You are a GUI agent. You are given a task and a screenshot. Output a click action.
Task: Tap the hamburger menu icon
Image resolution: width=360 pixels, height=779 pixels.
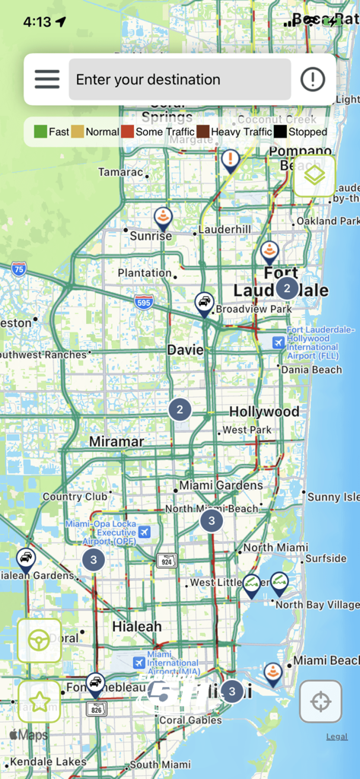[x=46, y=79]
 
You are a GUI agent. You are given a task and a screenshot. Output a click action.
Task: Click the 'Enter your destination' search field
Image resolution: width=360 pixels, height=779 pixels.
[x=180, y=79]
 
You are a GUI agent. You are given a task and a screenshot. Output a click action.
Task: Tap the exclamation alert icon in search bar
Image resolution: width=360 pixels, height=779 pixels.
[x=313, y=79]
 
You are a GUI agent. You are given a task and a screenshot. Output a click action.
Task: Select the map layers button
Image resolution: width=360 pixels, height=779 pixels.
[x=314, y=176]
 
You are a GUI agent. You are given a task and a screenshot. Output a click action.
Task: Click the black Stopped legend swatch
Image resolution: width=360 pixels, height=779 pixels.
[x=281, y=132]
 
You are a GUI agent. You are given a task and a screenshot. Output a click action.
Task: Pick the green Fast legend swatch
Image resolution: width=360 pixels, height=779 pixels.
[x=40, y=132]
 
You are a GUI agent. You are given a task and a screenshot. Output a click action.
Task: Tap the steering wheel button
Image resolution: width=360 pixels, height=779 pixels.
[x=39, y=641]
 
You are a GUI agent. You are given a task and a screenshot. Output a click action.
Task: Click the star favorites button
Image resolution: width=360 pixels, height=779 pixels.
[x=39, y=701]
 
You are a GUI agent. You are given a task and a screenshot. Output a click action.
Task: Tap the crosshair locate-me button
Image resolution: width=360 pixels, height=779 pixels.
[x=320, y=701]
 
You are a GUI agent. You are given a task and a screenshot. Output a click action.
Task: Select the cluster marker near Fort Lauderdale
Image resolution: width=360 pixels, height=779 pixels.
[x=287, y=288]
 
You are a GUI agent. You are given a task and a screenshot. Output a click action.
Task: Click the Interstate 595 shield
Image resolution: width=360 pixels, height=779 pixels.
[x=144, y=302]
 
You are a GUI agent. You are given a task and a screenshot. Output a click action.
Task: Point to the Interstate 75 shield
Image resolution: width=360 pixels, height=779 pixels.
[x=18, y=268]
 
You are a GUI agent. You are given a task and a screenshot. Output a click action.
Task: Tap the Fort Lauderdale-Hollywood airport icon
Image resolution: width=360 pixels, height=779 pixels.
[x=279, y=342]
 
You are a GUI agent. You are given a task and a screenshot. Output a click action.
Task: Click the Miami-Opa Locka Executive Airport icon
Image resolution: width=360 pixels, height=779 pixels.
[x=145, y=531]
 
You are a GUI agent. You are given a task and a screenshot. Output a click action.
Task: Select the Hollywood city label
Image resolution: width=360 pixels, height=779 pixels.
[x=264, y=412]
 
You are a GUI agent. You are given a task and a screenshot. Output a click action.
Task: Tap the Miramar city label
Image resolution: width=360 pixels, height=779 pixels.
[x=116, y=441]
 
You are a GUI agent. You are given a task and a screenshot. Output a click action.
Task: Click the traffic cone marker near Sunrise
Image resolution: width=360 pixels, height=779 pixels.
[x=163, y=218]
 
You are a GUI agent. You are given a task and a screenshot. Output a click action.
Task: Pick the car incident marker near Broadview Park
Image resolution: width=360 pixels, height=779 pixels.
[x=204, y=304]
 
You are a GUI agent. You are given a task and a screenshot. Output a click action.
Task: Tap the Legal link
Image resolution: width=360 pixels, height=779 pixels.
[x=337, y=736]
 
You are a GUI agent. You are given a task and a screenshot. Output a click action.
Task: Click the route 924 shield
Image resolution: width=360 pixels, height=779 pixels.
[x=166, y=561]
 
